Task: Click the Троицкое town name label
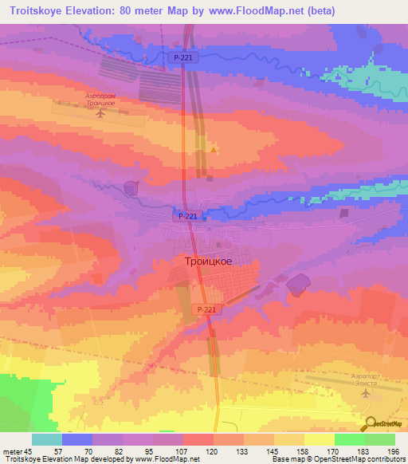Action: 203,261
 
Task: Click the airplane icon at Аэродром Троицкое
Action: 100,113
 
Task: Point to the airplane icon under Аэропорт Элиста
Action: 366,393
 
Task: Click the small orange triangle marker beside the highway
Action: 213,149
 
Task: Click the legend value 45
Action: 29,451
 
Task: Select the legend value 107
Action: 182,451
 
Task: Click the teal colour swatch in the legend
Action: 47,439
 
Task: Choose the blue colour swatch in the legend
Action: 77,439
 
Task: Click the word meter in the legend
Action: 11,451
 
